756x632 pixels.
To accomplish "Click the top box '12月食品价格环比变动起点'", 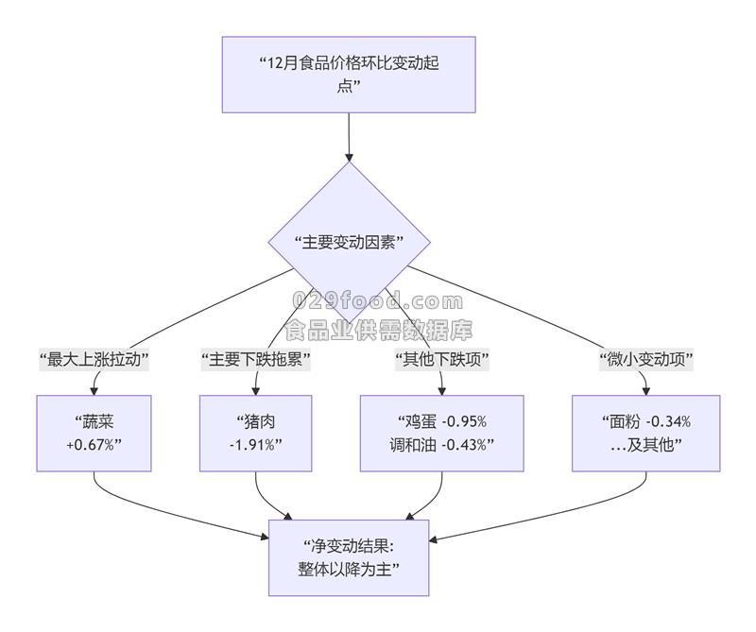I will tap(349, 75).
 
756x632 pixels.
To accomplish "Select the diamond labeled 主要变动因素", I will tap(349, 242).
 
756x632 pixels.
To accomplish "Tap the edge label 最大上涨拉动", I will tap(94, 360).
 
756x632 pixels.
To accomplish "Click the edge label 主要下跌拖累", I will tap(255, 360).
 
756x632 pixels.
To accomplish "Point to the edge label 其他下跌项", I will tap(441, 360).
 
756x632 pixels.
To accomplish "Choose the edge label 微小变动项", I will tap(645, 360).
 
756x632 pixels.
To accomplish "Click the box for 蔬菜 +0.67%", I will tap(94, 433).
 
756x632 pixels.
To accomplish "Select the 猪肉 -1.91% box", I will tap(255, 433).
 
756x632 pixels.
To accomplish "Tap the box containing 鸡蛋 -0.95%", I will tap(441, 433).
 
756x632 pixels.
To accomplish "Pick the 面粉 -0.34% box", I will tap(645, 433).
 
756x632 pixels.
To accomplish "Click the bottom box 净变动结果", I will tap(349, 557).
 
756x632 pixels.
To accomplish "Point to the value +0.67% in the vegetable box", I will tap(94, 445).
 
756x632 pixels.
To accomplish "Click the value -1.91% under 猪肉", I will tap(255, 445).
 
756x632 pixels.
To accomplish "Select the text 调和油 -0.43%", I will tap(441, 445).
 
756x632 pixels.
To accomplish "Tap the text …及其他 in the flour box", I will tap(645, 445).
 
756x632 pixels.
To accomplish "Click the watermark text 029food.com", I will tap(378, 302).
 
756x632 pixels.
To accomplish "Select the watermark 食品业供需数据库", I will tap(378, 330).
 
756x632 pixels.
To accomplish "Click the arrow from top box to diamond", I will tap(349, 137).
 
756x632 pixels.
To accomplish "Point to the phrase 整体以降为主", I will tap(349, 570).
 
